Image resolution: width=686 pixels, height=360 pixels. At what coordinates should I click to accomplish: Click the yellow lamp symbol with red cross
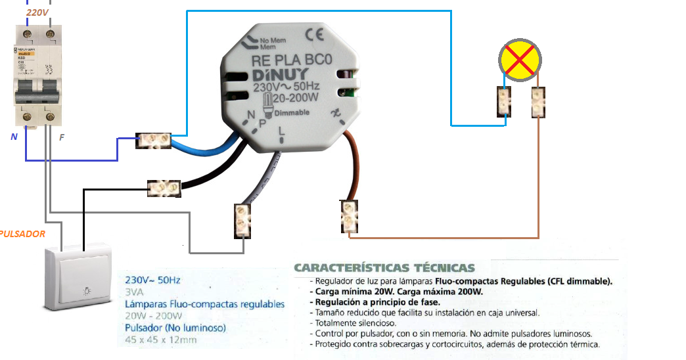tap(519, 61)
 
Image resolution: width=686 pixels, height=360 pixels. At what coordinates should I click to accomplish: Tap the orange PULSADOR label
tap(23, 234)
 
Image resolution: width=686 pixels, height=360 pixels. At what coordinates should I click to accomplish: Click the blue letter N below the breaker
tap(14, 137)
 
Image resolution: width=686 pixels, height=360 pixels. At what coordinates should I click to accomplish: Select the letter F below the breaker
tap(62, 137)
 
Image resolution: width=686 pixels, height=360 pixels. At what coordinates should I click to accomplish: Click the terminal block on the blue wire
tap(153, 139)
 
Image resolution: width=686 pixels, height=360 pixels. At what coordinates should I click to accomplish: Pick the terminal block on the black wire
tap(164, 189)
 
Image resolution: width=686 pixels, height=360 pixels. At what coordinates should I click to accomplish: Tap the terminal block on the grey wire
tap(242, 220)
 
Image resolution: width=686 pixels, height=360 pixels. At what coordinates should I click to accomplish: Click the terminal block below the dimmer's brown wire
tap(349, 216)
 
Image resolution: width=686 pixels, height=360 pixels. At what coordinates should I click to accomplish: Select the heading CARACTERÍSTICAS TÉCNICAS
tap(384, 268)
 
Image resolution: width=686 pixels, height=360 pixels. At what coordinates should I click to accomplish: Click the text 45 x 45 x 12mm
tap(161, 340)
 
